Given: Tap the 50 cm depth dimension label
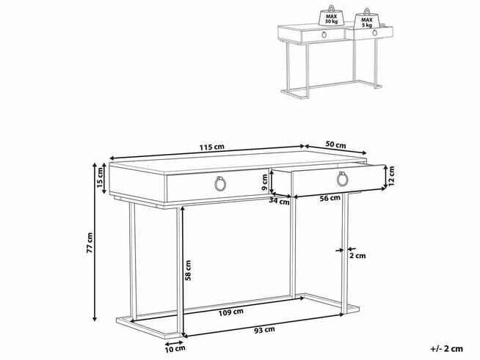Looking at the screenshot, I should point(337,145).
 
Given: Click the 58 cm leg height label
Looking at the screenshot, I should point(189,271).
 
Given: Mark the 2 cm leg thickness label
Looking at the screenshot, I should point(357,255).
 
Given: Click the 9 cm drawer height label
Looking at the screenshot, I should point(266,182).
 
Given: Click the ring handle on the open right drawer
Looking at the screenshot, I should point(342,179).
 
